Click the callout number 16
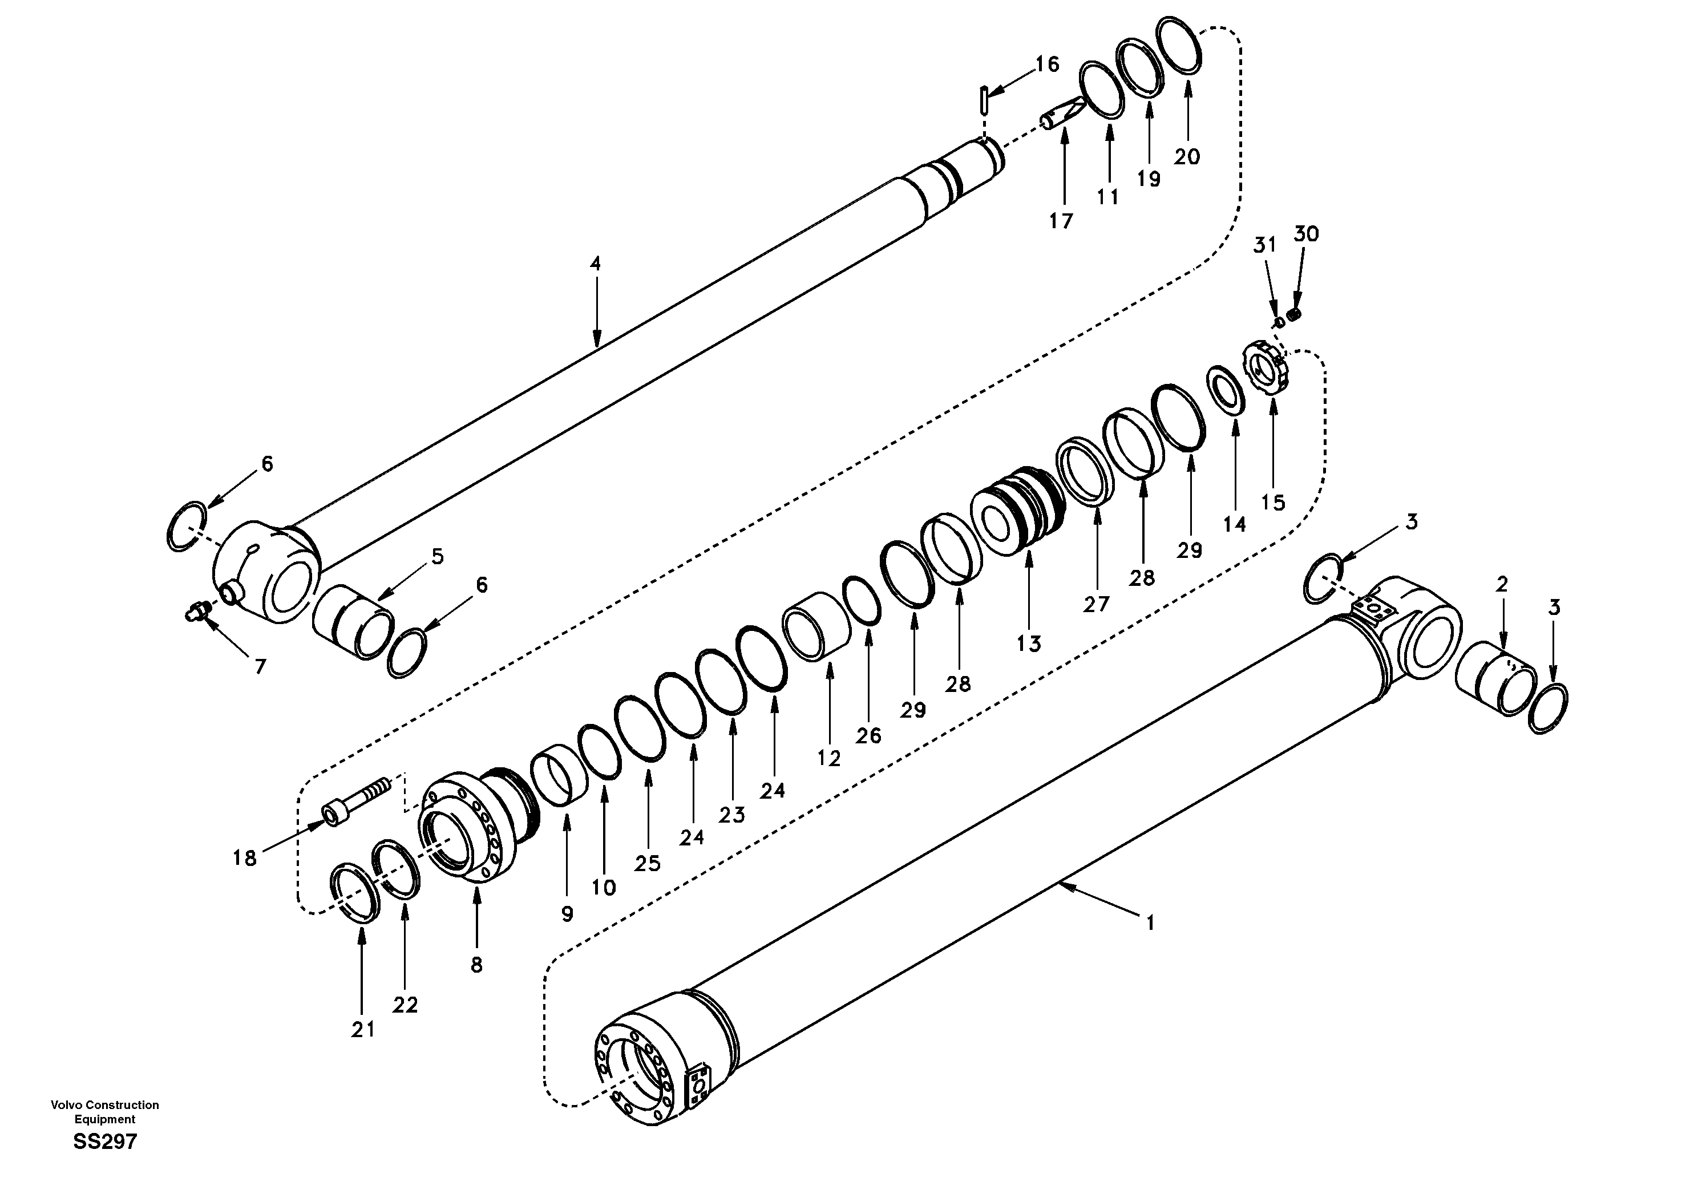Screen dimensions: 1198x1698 (x=1046, y=64)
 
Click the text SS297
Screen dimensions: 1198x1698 (x=105, y=1142)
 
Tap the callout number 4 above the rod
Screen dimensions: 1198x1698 (x=595, y=263)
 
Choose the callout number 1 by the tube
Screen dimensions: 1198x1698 (x=1150, y=923)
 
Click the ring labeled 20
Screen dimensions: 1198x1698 (x=1179, y=45)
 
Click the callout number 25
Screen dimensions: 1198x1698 (x=647, y=863)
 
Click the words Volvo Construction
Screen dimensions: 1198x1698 (x=104, y=1105)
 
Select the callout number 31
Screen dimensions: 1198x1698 (x=1264, y=245)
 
